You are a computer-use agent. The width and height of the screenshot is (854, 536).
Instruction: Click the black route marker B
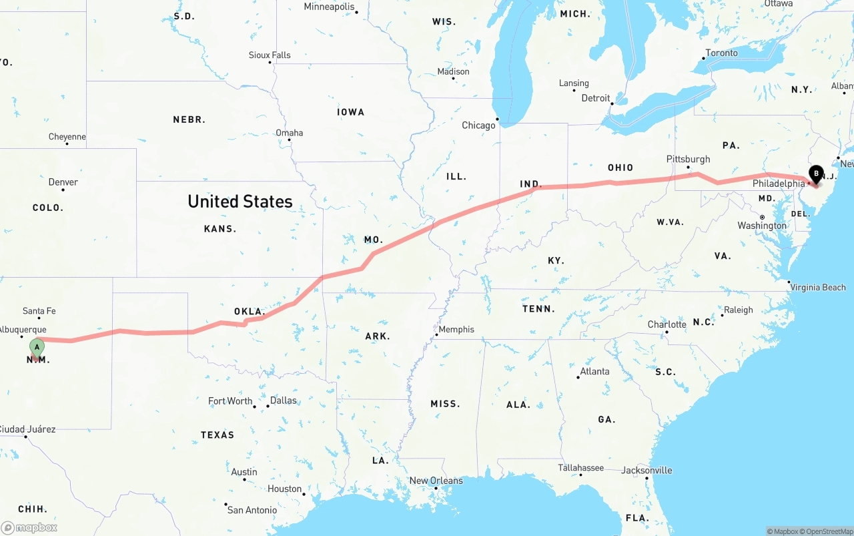[815, 174]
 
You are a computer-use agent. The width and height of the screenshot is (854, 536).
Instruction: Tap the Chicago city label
[478, 125]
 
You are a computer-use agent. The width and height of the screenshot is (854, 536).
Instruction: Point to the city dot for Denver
[63, 190]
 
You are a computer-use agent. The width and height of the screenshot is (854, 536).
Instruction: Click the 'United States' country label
[240, 201]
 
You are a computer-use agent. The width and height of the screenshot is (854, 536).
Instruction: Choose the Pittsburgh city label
[688, 159]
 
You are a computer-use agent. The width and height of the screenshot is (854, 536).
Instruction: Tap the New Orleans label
[436, 481]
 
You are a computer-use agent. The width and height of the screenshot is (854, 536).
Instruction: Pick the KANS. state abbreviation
[220, 228]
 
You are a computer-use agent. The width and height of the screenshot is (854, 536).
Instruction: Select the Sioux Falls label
[270, 55]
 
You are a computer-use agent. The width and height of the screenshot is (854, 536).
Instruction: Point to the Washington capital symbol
[762, 217]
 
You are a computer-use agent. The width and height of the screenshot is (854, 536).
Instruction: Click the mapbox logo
[29, 527]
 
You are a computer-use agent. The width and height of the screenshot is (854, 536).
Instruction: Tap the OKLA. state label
[250, 311]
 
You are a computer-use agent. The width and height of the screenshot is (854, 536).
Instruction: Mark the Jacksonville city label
[647, 470]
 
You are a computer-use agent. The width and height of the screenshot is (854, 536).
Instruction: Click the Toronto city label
[721, 53]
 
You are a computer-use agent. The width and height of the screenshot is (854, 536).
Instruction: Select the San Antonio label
[252, 510]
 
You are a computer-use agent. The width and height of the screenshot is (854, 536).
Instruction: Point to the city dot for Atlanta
[578, 378]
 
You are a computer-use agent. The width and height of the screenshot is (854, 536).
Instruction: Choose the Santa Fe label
[39, 310]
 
